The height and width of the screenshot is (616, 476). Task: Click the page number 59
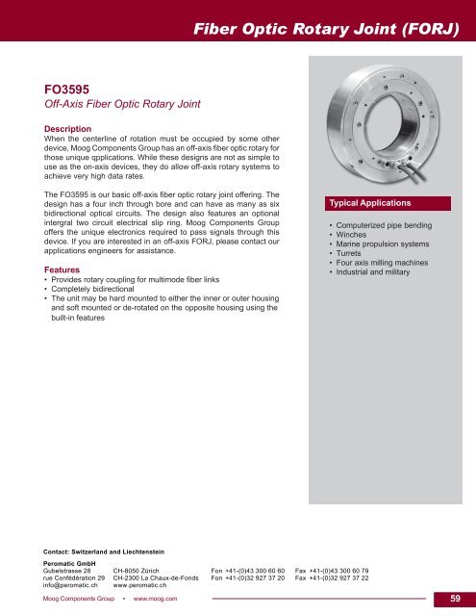(455, 600)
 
